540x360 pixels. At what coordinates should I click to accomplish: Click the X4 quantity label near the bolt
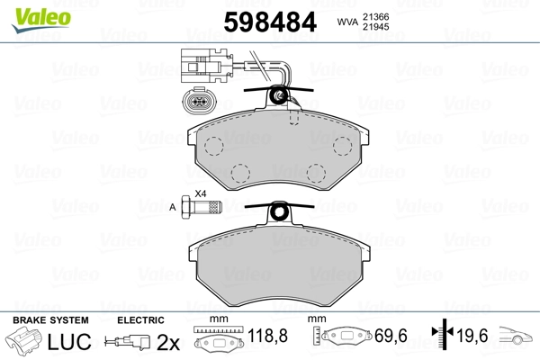point(201,194)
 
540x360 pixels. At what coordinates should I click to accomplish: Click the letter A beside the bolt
point(173,208)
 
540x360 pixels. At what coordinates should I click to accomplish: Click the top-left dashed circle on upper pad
point(214,146)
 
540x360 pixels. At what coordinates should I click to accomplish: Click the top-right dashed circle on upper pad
point(343,146)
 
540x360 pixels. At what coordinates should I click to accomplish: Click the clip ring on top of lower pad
point(280,213)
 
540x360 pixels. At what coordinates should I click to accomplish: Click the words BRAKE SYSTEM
point(50,320)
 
